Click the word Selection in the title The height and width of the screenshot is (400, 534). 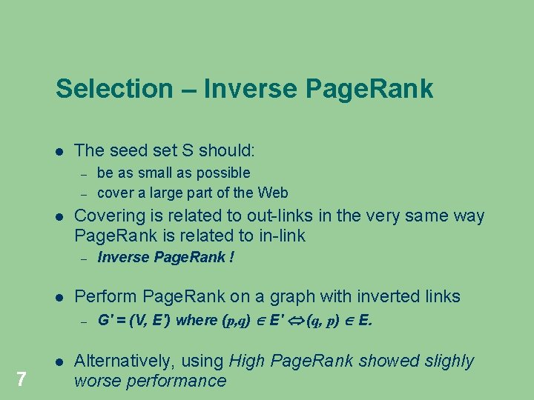coord(113,89)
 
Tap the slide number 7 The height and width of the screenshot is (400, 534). coord(22,380)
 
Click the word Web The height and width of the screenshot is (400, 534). coord(273,193)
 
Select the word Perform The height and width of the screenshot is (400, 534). coord(106,296)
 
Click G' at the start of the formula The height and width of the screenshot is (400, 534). coord(103,321)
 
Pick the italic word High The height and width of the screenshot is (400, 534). coord(247,361)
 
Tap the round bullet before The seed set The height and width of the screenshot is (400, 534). coord(59,151)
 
